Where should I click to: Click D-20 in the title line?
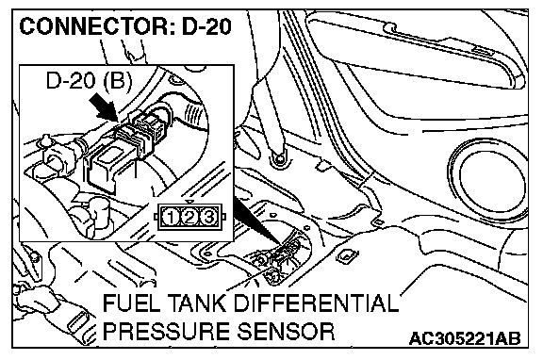[206, 26]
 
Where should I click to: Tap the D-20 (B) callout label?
[89, 81]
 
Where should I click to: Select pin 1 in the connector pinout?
[171, 218]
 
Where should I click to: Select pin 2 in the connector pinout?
[189, 218]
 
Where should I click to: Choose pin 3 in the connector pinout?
[208, 218]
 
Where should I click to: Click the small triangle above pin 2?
[189, 203]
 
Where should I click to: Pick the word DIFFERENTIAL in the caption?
[316, 303]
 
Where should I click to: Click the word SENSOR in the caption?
[286, 331]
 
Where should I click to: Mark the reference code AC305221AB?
[465, 338]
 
